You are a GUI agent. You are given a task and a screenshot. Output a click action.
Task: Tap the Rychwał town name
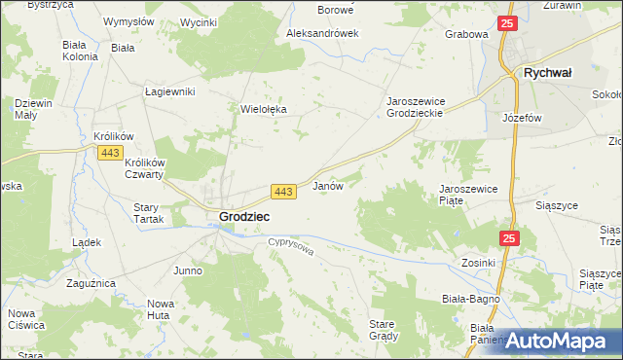pos(547,72)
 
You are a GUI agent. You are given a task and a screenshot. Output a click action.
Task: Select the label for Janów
pos(327,185)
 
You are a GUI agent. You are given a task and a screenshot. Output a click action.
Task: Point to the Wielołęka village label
pos(263,110)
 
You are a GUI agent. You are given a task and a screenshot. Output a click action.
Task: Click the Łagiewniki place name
pos(170,91)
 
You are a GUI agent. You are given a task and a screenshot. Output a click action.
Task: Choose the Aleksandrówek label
pos(322,32)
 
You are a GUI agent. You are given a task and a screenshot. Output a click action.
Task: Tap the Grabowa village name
pos(465,34)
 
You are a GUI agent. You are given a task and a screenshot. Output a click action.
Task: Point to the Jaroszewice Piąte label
pos(469,194)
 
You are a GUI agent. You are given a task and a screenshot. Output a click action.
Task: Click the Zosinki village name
pos(479,263)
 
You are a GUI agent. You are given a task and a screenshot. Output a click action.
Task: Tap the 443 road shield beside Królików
pos(108,153)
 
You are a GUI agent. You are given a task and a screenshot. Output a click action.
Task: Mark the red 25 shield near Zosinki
pos(511,238)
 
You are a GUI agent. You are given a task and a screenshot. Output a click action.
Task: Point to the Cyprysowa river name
pos(292,250)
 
